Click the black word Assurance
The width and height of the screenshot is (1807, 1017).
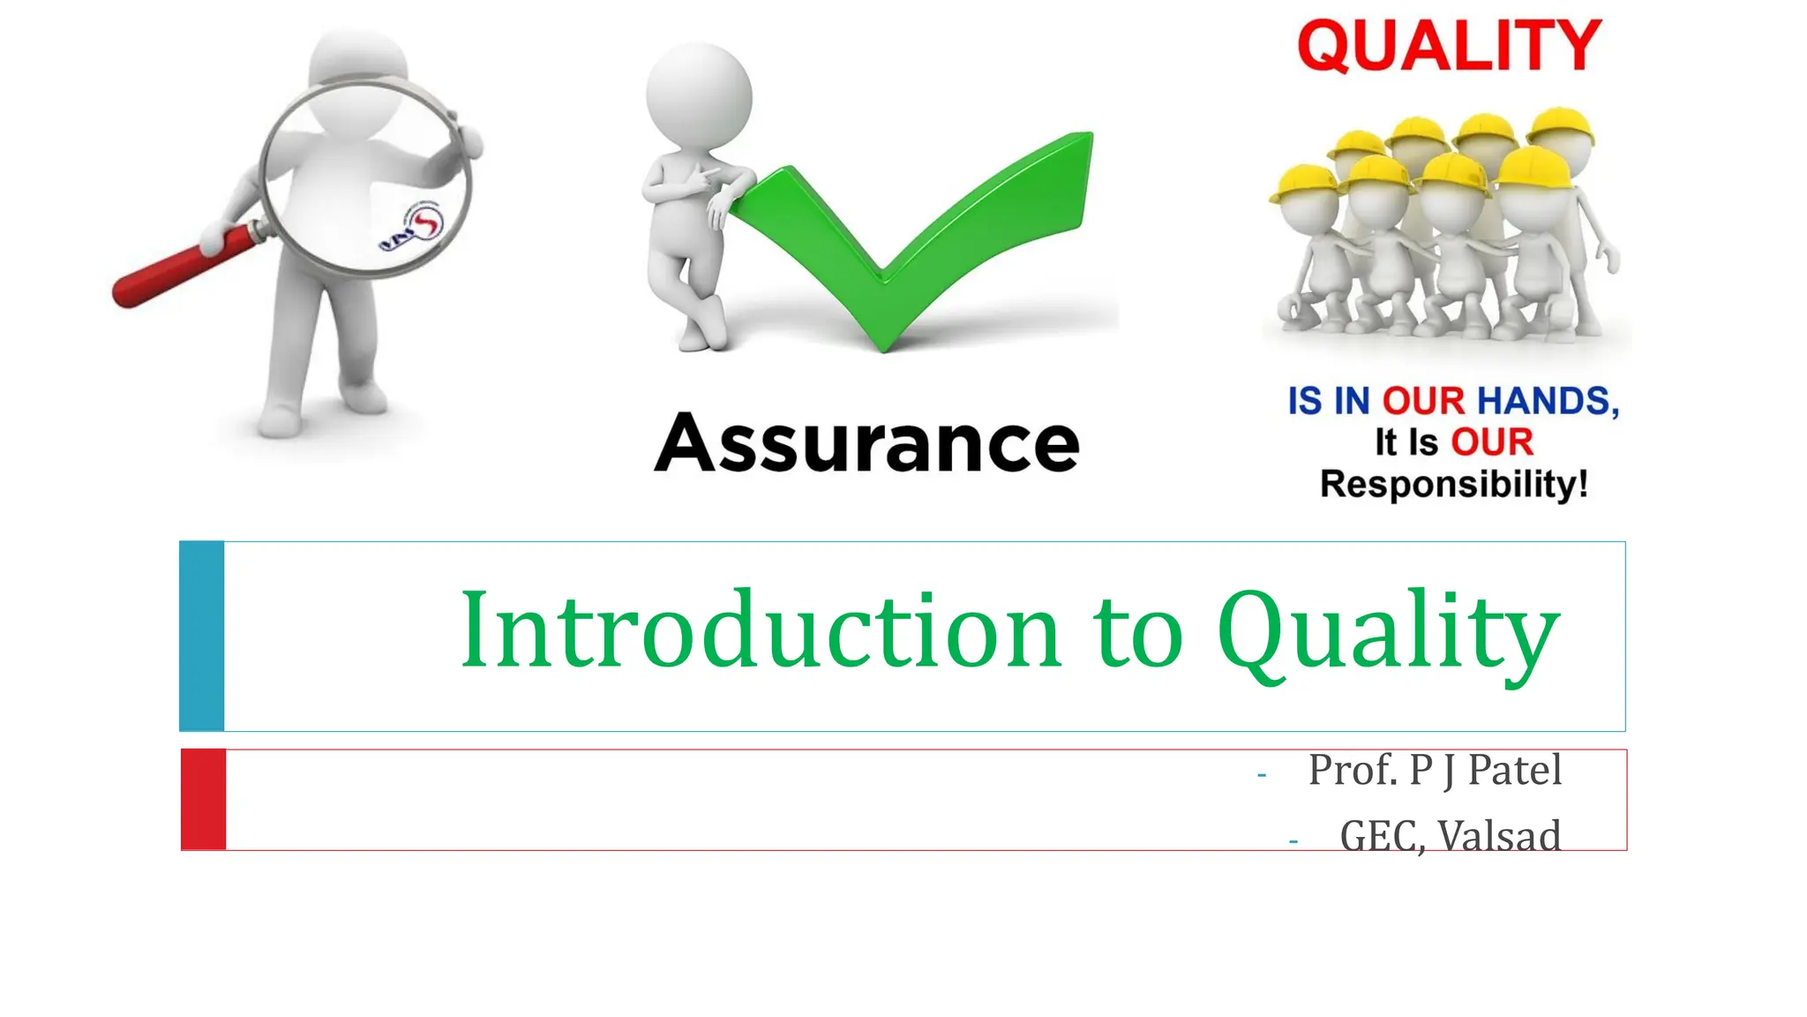pos(866,443)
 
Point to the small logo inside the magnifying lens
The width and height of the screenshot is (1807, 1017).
pos(413,227)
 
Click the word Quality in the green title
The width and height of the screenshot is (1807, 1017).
pos(1388,630)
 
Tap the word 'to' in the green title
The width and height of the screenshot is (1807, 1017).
pos(1138,632)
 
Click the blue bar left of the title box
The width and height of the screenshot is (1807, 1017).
pos(202,636)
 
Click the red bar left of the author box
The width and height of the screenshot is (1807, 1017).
pos(204,800)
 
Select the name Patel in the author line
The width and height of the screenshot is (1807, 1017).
pos(1514,770)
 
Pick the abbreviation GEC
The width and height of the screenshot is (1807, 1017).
pos(1378,835)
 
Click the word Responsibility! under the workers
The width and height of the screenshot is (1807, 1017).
pos(1454,485)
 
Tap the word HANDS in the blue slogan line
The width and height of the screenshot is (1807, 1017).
pos(1548,401)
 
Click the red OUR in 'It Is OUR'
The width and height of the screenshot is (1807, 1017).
pos(1492,442)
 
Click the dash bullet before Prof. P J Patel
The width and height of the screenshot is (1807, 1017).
pos(1262,775)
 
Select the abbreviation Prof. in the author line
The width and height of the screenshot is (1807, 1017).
pos(1353,770)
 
